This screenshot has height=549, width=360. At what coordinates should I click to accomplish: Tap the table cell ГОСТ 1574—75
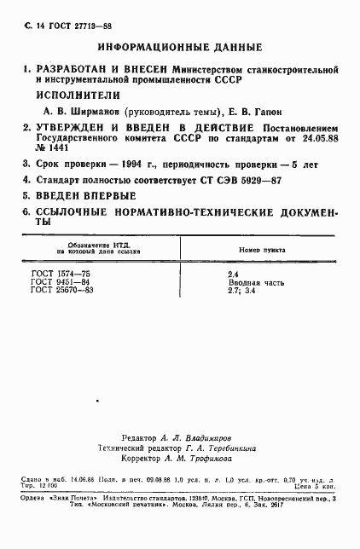pos(60,272)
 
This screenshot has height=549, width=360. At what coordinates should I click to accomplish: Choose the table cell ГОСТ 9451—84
pos(60,280)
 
